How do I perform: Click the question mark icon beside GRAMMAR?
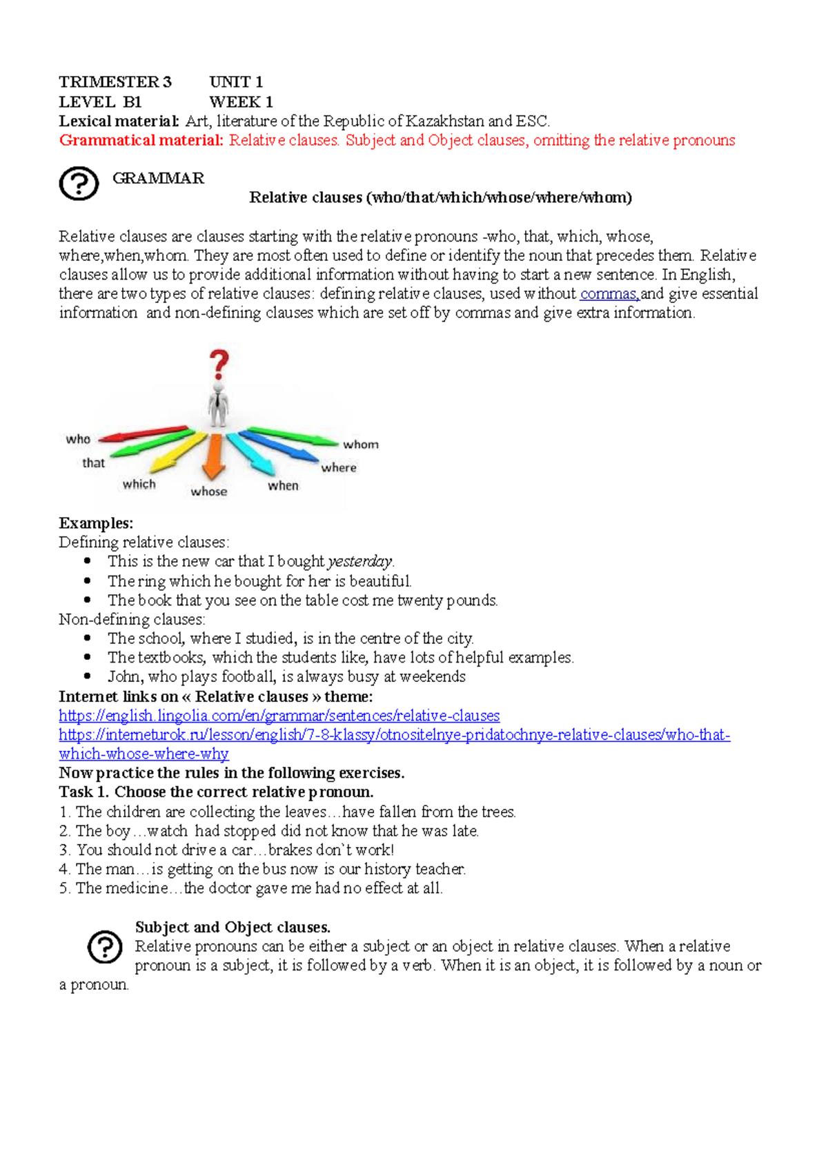79,184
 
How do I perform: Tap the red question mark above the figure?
219,364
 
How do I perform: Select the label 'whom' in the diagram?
361,445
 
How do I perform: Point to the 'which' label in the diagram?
139,485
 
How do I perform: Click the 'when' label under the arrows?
283,486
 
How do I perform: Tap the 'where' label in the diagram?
339,467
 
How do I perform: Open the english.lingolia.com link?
279,716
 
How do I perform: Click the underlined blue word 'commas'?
609,294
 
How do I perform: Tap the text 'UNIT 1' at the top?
236,82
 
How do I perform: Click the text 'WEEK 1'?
241,102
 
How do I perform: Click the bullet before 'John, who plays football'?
88,676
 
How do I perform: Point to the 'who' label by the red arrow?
78,439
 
